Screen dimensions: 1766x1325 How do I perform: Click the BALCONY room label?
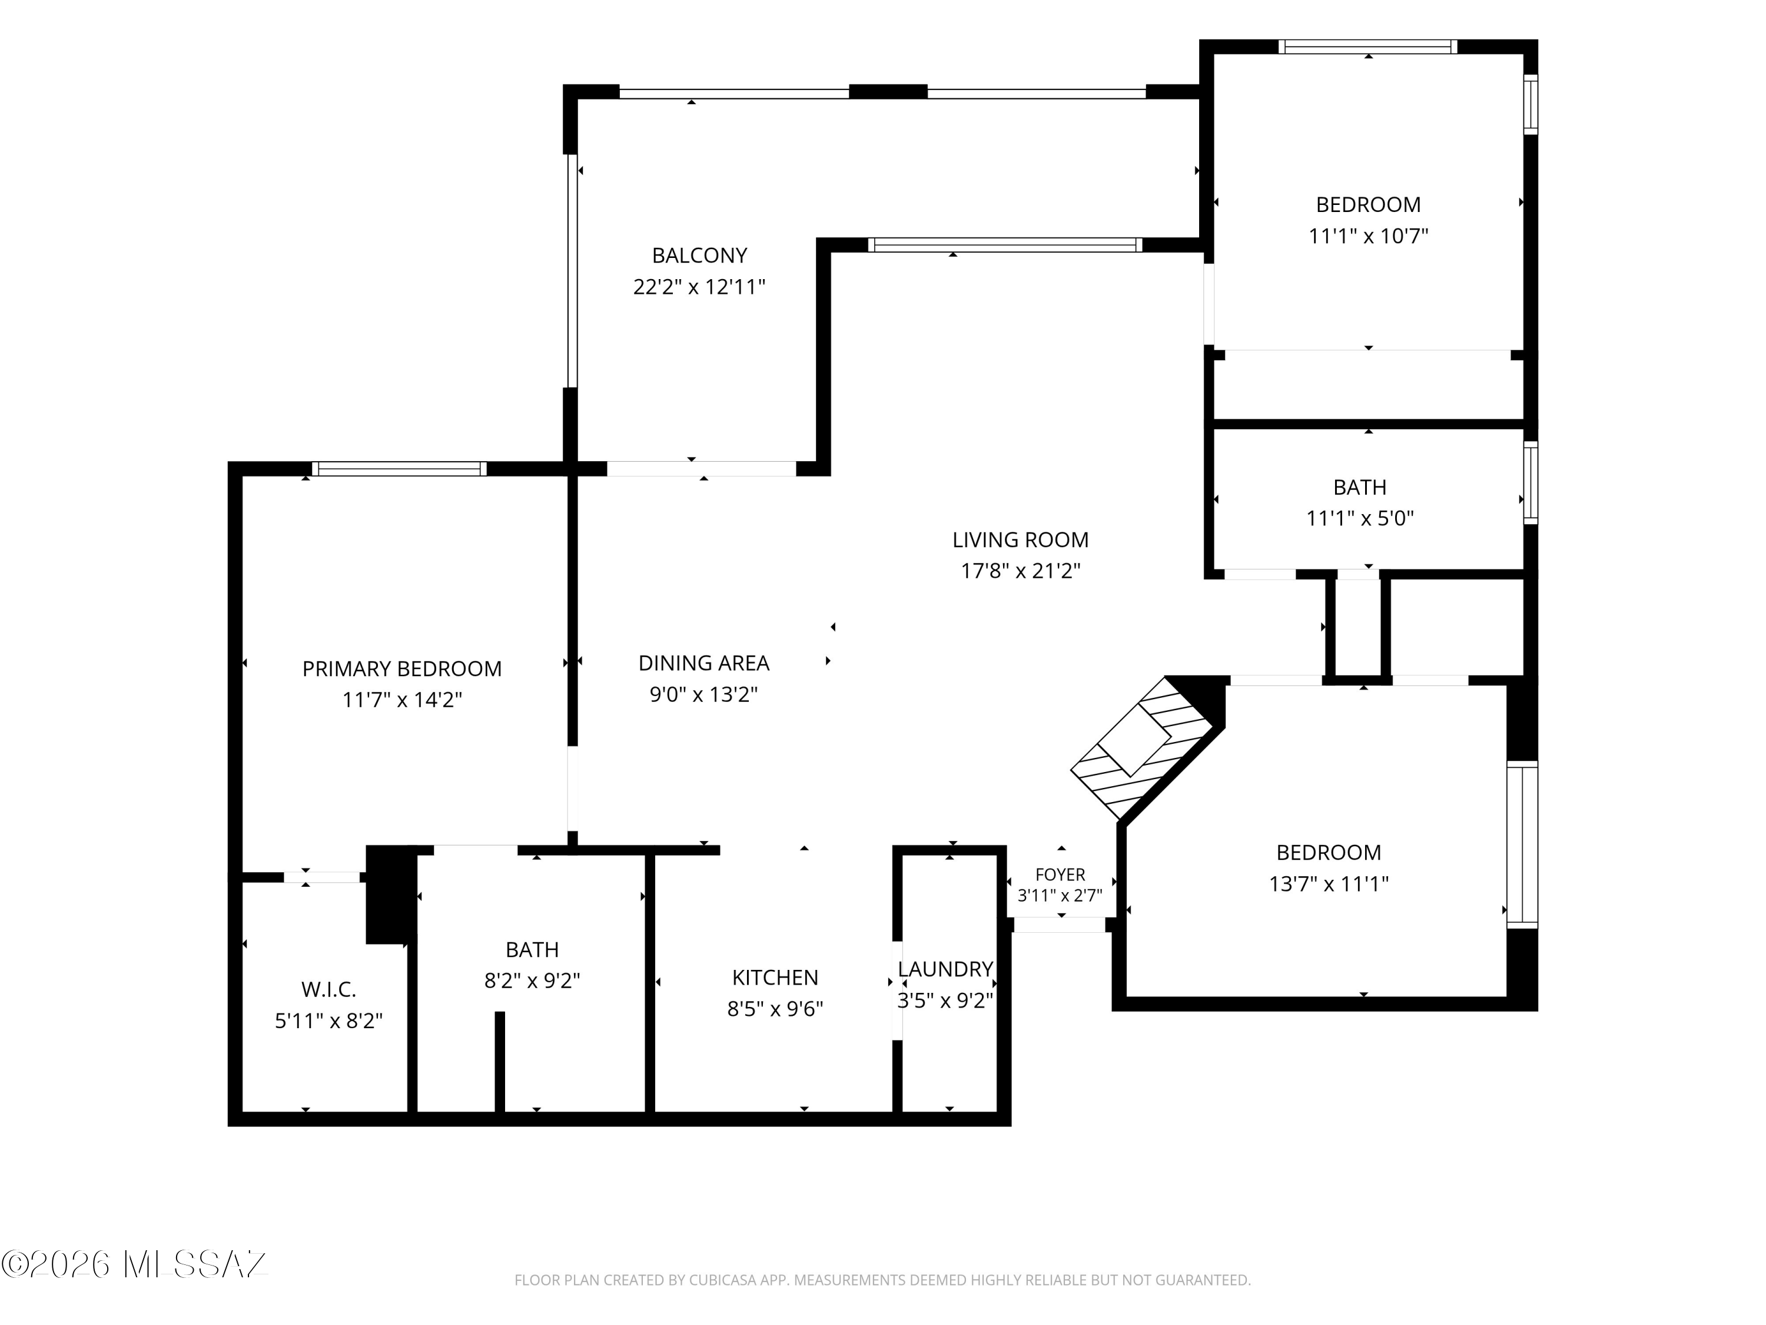point(699,256)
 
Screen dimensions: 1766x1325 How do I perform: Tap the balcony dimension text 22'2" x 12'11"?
point(699,287)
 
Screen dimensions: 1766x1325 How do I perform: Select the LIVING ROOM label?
point(1020,540)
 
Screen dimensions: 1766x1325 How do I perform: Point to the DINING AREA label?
point(703,663)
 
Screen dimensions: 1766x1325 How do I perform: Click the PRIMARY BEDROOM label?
point(401,668)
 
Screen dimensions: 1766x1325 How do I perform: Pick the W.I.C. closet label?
point(328,989)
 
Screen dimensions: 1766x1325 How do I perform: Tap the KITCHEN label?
point(775,978)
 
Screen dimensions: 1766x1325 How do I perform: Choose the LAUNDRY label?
point(945,969)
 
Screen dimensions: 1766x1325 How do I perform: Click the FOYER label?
point(1060,874)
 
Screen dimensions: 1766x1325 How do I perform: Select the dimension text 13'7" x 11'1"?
point(1329,884)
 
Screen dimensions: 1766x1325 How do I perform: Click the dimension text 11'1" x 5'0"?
point(1360,518)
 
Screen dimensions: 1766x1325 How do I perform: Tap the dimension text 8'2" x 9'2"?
point(532,980)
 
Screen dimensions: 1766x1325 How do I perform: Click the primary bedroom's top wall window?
point(399,469)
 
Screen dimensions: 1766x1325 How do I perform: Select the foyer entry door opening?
point(1060,925)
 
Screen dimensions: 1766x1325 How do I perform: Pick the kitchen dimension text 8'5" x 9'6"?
point(775,1009)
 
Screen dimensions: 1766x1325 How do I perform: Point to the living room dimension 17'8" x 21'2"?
point(1020,571)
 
